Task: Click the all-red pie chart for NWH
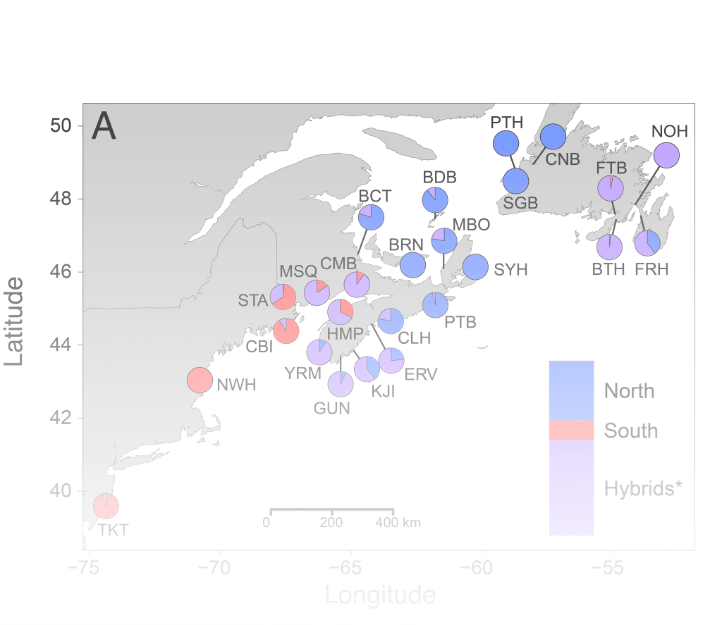point(200,380)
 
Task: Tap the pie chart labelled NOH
point(666,156)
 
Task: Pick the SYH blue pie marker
point(475,267)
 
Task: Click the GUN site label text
point(331,407)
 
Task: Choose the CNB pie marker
point(553,136)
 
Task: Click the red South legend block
point(571,430)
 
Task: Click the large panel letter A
point(104,128)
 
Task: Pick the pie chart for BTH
point(610,247)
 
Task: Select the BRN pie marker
point(413,265)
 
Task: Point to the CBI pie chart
point(286,330)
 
